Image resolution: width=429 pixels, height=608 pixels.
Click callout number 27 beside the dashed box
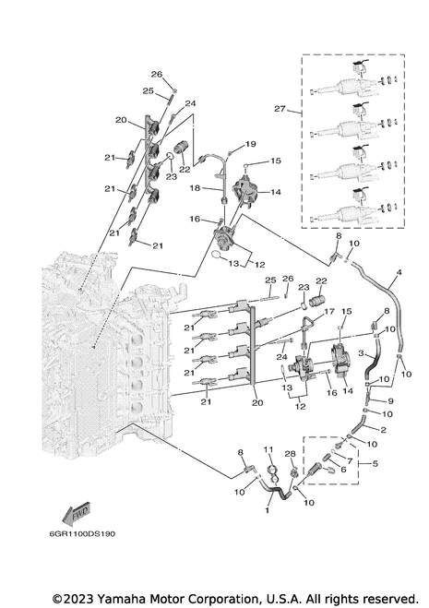pyautogui.click(x=280, y=109)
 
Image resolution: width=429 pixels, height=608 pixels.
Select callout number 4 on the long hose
pyautogui.click(x=399, y=272)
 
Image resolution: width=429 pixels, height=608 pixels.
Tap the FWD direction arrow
pyautogui.click(x=76, y=514)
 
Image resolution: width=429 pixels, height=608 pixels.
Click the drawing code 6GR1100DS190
pyautogui.click(x=82, y=534)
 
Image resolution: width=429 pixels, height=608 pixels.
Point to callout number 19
pyautogui.click(x=251, y=144)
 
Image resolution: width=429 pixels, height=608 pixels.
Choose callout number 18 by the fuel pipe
pyautogui.click(x=195, y=188)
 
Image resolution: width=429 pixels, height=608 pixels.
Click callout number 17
pyautogui.click(x=329, y=311)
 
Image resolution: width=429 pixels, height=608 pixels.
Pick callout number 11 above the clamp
pyautogui.click(x=268, y=450)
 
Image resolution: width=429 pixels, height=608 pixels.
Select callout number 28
pyautogui.click(x=290, y=454)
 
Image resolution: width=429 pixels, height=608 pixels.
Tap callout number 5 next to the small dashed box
pyautogui.click(x=375, y=463)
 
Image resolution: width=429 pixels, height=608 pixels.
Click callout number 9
pyautogui.click(x=390, y=401)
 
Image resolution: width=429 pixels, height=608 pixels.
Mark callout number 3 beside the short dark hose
pyautogui.click(x=361, y=353)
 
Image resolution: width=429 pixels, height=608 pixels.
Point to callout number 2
pyautogui.click(x=383, y=430)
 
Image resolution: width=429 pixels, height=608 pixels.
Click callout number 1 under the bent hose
pyautogui.click(x=267, y=510)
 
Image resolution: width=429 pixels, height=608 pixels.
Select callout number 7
pyautogui.click(x=350, y=461)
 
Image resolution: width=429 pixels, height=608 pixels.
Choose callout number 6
pyautogui.click(x=343, y=469)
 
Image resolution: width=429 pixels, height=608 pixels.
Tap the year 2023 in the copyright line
pyautogui.click(x=79, y=599)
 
